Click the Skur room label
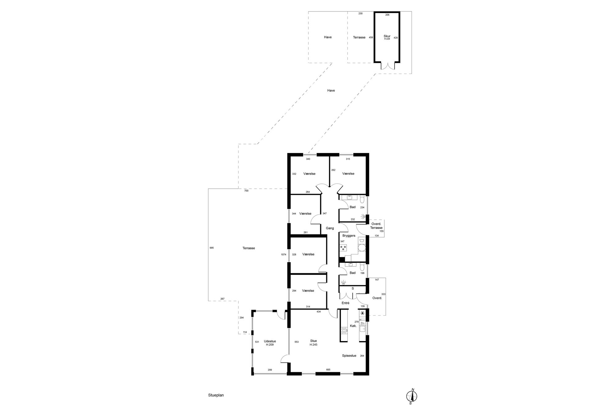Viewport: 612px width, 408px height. [x=387, y=36]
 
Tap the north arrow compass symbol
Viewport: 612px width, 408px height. [x=411, y=396]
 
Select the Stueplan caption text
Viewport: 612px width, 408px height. [x=216, y=395]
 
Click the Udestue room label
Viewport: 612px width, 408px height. [x=270, y=341]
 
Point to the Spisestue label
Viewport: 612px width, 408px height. [x=349, y=356]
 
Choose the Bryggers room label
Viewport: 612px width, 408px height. [x=349, y=236]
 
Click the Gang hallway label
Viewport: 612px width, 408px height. [x=330, y=228]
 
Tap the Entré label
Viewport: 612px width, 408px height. [x=345, y=303]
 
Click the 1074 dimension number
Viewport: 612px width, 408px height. [x=283, y=254]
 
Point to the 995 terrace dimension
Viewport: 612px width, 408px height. [x=211, y=248]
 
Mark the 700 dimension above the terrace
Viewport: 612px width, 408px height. [x=246, y=191]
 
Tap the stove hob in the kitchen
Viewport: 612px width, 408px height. [x=344, y=331]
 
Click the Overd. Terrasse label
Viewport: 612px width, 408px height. [x=376, y=226]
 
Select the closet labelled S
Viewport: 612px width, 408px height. [x=353, y=288]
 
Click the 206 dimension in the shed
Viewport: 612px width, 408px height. [x=387, y=15]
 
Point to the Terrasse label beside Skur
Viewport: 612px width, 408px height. [x=359, y=37]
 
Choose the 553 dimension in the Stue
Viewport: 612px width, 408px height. [x=296, y=342]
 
